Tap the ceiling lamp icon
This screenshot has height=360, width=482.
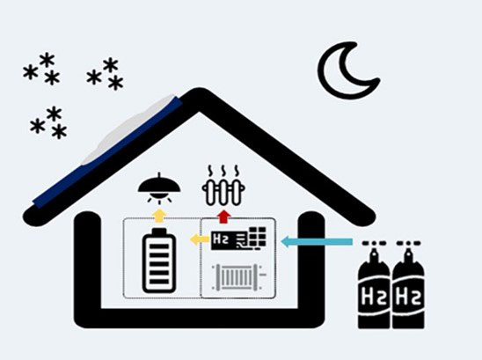coord(159,187)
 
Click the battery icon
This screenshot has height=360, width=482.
coord(159,261)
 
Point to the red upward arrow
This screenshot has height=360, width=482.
coord(224,217)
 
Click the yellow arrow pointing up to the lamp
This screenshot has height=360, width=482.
coord(159,216)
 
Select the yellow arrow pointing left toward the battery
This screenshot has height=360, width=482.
coord(200,239)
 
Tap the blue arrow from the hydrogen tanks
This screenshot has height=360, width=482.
coord(317,241)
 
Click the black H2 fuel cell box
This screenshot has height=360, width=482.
coord(239,239)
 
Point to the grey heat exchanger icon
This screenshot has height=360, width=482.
coord(239,277)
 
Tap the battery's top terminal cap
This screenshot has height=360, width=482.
coord(159,231)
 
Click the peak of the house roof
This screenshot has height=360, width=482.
coord(199,90)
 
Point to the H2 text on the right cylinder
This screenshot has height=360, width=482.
coord(408,297)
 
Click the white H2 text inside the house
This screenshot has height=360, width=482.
coord(221,239)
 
